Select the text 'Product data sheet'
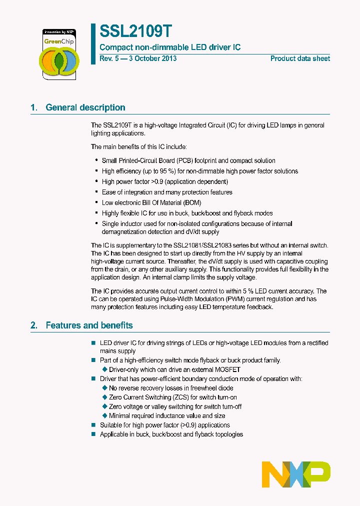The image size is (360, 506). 300,58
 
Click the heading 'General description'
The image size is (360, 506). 85,107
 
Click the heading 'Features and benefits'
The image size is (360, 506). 89,325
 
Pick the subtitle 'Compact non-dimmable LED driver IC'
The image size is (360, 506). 170,47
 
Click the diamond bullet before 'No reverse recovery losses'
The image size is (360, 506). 105,388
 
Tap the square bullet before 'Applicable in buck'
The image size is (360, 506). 93,434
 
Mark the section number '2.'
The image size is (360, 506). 34,325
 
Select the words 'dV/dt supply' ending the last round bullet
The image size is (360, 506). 200,232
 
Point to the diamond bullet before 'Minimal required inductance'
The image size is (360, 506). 105,415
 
